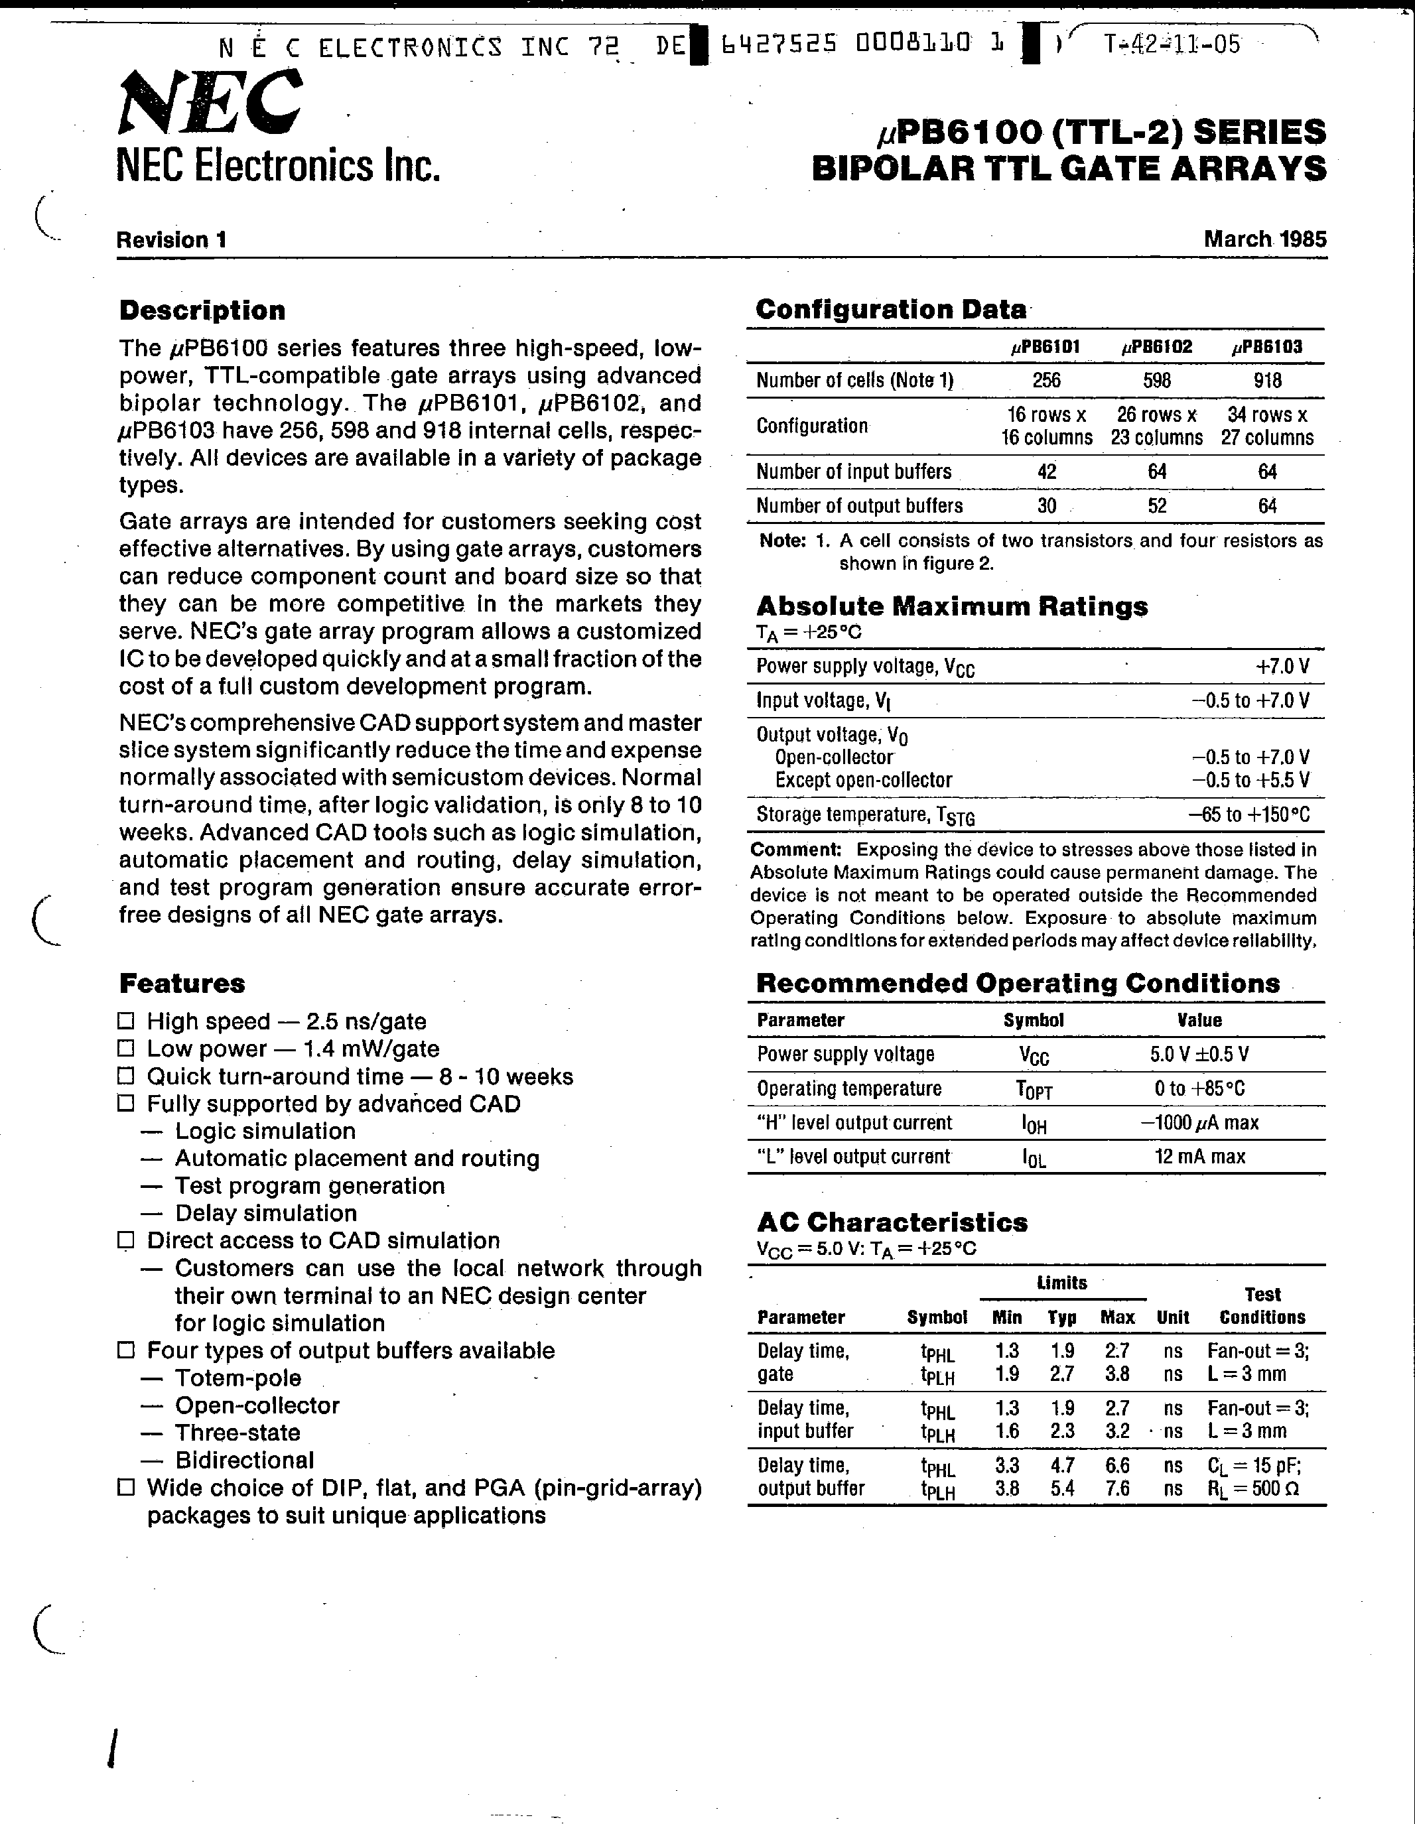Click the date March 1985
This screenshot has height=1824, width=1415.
click(x=1264, y=239)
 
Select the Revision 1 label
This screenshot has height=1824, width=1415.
click(x=171, y=241)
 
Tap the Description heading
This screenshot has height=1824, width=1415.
click(x=202, y=310)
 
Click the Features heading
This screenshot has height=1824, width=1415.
click(x=182, y=984)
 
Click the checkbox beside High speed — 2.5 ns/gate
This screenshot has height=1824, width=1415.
click(x=126, y=1021)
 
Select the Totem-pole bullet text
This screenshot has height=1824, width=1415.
click(x=238, y=1378)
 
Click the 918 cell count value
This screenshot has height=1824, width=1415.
click(x=1267, y=381)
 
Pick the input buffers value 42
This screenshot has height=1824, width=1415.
click(x=1047, y=472)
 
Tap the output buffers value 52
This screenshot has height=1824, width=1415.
click(x=1157, y=506)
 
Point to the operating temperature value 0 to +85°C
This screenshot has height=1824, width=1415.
click(x=1199, y=1089)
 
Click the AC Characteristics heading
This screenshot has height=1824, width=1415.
click(x=892, y=1222)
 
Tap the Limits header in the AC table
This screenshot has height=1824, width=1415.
click(x=1061, y=1283)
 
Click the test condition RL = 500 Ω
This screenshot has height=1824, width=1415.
click(x=1253, y=1488)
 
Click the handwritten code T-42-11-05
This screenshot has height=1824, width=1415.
click(x=1172, y=45)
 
